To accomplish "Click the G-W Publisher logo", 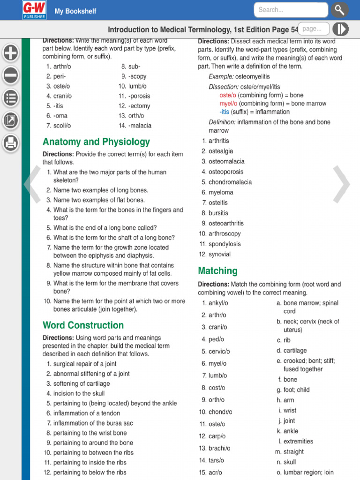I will pyautogui.click(x=34, y=10).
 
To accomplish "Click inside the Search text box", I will pyautogui.click(x=291, y=10).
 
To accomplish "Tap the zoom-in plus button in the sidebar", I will pyautogui.click(x=11, y=53).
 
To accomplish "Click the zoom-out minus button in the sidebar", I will pyautogui.click(x=11, y=75).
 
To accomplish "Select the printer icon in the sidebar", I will pyautogui.click(x=11, y=143).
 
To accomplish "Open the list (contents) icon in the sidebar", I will pyautogui.click(x=11, y=98).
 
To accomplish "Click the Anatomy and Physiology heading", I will pyautogui.click(x=96, y=142).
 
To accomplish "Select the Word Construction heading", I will pyautogui.click(x=83, y=325).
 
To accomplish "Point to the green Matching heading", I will pyautogui.click(x=217, y=271).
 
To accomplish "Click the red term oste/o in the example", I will pyautogui.click(x=228, y=95).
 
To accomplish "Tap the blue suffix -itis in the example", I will pyautogui.click(x=225, y=112).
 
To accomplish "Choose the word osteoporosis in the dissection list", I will pyautogui.click(x=226, y=172).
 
